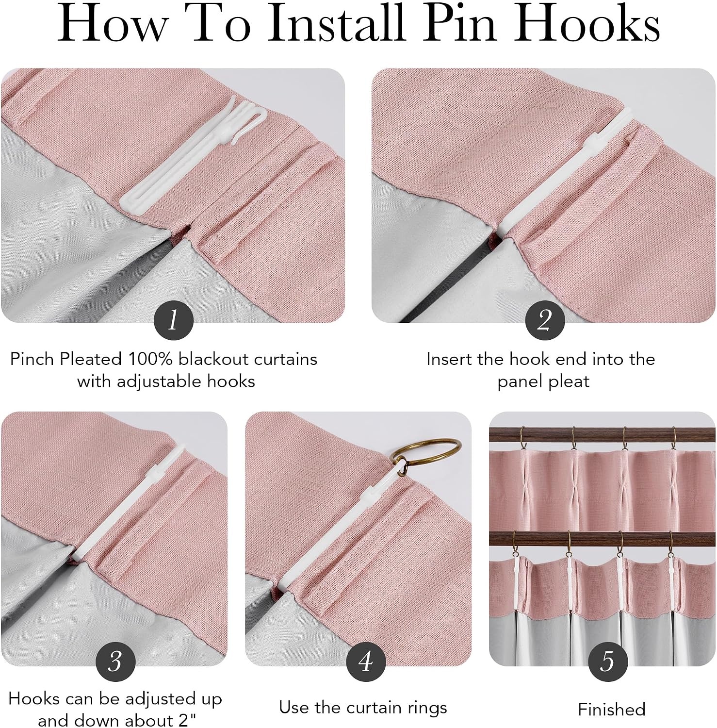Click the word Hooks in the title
tap(587, 23)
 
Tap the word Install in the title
tap(336, 23)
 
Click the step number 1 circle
tap(173, 320)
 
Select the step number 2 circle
tap(545, 320)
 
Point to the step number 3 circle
tap(115, 661)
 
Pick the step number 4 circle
tap(366, 661)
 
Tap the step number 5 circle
tap(608, 661)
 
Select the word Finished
tap(611, 710)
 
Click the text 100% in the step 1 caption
tap(150, 359)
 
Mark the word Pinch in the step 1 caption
tap(32, 359)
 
